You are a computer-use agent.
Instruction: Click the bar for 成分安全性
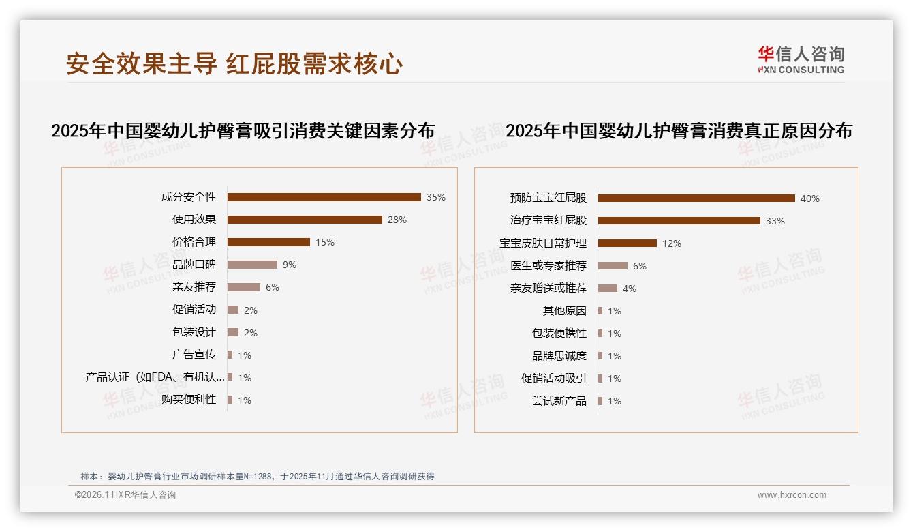(x=324, y=197)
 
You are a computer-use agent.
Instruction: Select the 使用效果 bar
(x=305, y=220)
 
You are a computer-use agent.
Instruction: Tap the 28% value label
(x=397, y=220)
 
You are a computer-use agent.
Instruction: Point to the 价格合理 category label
(x=194, y=242)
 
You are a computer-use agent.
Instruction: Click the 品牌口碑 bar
(x=252, y=265)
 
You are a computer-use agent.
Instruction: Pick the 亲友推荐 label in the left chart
(x=194, y=287)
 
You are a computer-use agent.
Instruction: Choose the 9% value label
(x=290, y=265)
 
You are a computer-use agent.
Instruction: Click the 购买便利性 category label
(x=189, y=400)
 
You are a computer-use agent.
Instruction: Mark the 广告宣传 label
(x=194, y=355)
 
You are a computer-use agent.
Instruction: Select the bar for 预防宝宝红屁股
(x=696, y=198)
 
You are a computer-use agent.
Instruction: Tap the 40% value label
(x=810, y=198)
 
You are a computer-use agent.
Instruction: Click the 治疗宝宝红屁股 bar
(x=679, y=221)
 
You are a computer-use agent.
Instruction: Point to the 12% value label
(x=672, y=243)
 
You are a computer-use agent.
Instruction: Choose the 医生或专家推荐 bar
(x=613, y=266)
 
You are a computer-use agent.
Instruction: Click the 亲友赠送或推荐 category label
(x=548, y=289)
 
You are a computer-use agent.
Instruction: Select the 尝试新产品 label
(x=559, y=401)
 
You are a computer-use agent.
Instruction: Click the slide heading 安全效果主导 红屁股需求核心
(x=234, y=64)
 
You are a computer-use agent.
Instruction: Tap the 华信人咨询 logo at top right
(x=801, y=59)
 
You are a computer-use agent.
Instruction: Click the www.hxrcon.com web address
(x=792, y=495)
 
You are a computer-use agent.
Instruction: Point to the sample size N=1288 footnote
(x=258, y=477)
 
